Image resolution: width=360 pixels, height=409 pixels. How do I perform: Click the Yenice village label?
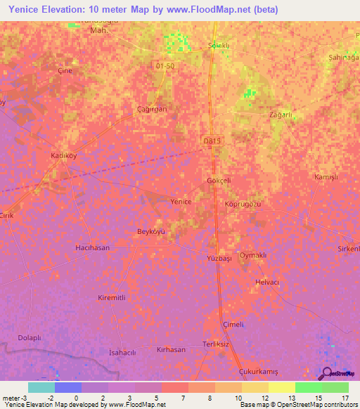(181, 201)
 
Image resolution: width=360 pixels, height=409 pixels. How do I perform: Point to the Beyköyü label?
(150, 231)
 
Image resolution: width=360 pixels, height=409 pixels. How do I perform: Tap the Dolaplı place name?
(30, 337)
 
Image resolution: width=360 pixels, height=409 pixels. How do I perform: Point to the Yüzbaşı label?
(220, 259)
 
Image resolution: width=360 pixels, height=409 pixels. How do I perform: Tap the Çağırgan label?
(153, 109)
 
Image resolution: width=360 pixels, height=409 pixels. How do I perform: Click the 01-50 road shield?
(164, 65)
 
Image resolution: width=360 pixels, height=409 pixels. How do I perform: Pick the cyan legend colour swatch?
(41, 387)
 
